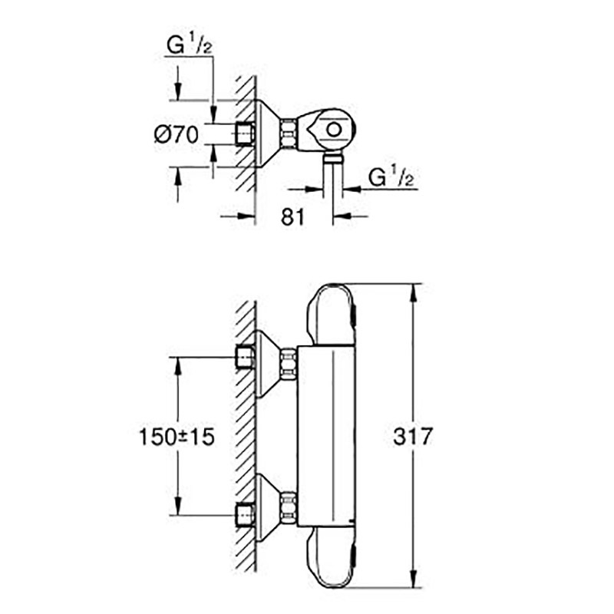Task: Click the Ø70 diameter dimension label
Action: (177, 135)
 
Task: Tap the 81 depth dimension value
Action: (292, 216)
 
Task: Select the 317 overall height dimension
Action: (412, 436)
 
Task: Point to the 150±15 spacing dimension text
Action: (177, 437)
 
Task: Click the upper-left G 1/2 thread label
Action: (189, 45)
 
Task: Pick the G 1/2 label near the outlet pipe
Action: (391, 177)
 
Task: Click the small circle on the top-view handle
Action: (334, 130)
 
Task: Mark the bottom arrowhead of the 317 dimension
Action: (412, 579)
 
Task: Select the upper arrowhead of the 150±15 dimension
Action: (178, 367)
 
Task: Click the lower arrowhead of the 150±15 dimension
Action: (178, 506)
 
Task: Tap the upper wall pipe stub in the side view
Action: (245, 358)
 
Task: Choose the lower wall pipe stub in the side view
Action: (245, 516)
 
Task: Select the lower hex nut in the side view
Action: (289, 506)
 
